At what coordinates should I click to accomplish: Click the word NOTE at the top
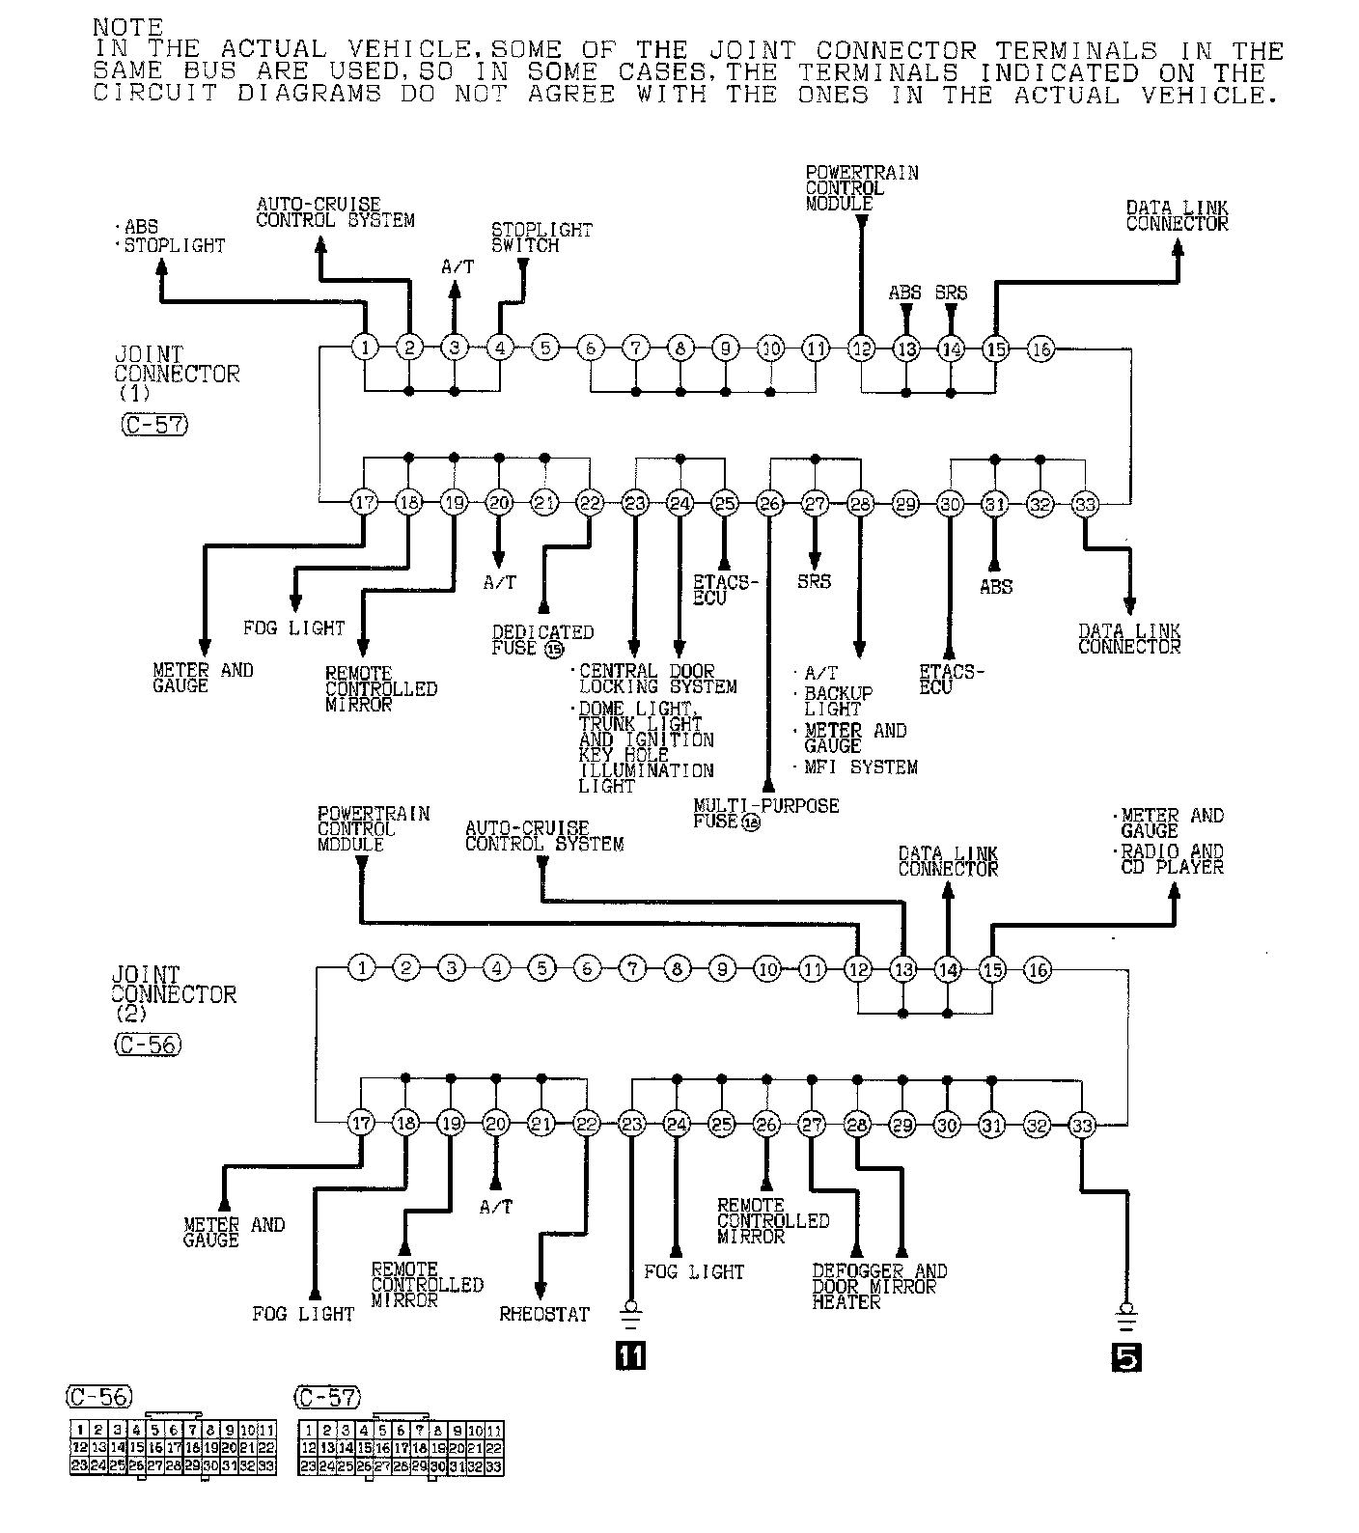(x=127, y=27)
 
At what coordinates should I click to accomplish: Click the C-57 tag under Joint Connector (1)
(x=154, y=424)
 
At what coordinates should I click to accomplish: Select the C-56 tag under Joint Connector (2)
(x=147, y=1044)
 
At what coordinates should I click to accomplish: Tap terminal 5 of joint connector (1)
(x=545, y=348)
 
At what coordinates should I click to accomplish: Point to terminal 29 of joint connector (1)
(x=905, y=503)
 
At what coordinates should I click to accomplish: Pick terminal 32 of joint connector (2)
(x=1037, y=1124)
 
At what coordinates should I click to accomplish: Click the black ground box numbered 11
(x=631, y=1356)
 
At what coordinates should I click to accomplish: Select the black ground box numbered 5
(x=1125, y=1356)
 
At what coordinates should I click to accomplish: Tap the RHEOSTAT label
(x=543, y=1314)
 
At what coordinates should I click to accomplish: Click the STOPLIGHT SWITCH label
(x=541, y=237)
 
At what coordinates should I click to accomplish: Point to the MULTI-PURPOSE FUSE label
(x=764, y=813)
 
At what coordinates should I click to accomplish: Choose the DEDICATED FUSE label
(x=541, y=639)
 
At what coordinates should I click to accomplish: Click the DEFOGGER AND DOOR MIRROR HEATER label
(x=878, y=1286)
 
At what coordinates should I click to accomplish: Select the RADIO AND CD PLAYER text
(x=1172, y=858)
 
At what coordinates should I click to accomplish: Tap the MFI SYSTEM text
(x=861, y=767)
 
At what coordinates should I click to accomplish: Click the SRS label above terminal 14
(x=951, y=293)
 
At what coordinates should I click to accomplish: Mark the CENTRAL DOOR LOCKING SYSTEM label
(x=657, y=679)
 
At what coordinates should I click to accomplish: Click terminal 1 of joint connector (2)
(x=361, y=968)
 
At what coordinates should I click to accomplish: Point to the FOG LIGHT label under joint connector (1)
(x=293, y=628)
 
